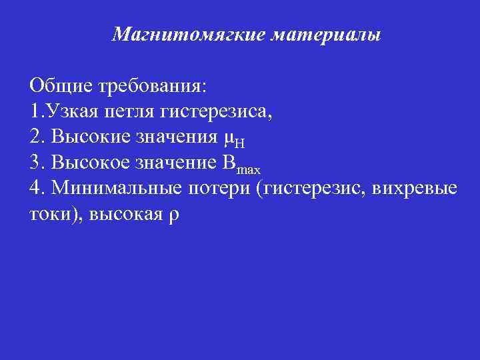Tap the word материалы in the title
coord(326,34)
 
